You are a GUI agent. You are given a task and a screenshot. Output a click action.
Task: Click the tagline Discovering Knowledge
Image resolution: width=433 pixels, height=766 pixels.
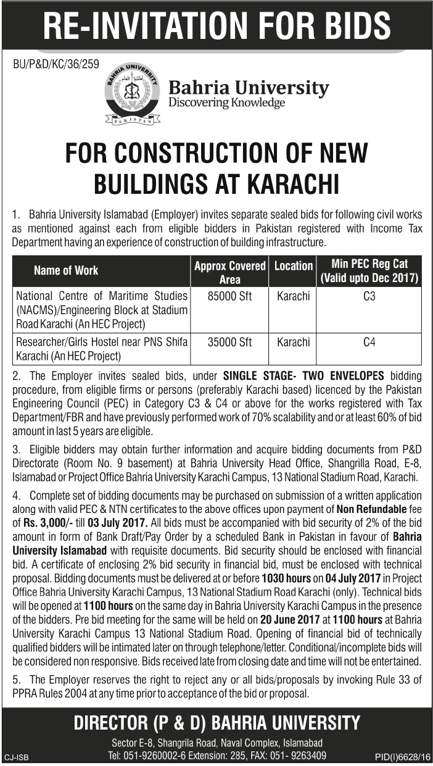pos(226,102)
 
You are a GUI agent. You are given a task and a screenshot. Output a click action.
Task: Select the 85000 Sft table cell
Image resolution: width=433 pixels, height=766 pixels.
pos(229,297)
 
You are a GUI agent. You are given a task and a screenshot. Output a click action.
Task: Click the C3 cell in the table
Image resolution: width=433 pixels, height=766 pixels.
pos(369,297)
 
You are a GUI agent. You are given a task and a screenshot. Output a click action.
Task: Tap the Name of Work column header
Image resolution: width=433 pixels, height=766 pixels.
pos(66,270)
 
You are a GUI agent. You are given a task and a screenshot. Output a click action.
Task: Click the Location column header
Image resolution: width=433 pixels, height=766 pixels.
pos(293,266)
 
